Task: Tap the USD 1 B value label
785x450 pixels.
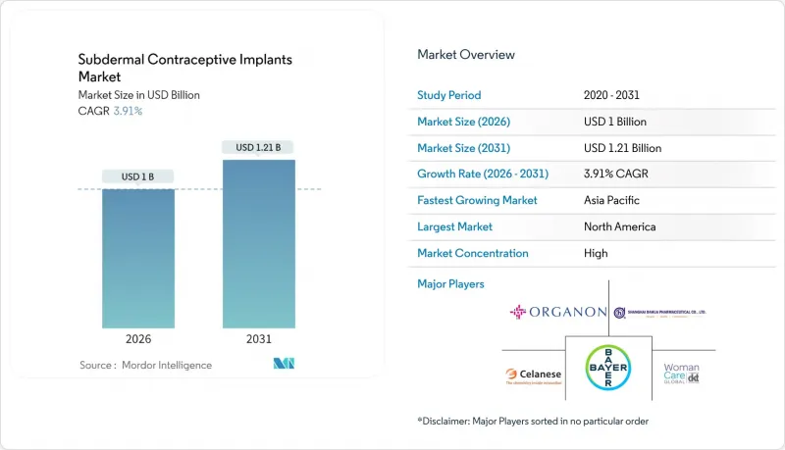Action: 138,176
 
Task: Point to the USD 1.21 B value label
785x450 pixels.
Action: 258,147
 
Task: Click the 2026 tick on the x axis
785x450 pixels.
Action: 138,339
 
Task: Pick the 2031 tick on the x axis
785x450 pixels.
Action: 258,339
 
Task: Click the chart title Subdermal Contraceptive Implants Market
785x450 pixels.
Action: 184,68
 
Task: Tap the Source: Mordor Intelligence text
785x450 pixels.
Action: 145,365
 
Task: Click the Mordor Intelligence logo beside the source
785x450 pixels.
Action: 284,365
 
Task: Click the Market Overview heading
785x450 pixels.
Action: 465,55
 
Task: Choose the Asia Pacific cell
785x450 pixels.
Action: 612,200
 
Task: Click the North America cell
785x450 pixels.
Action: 619,226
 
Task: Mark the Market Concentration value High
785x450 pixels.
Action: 595,253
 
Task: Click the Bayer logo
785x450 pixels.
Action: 608,373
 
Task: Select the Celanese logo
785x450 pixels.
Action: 531,375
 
